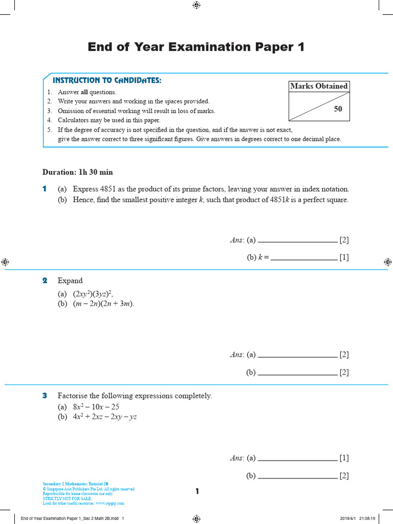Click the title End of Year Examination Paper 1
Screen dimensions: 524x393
196,47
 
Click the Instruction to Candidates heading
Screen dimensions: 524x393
107,80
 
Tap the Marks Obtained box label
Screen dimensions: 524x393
319,86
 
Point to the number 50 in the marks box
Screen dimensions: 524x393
338,109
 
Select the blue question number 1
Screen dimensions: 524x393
45,189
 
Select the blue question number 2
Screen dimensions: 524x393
45,280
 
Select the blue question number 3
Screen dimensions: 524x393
45,396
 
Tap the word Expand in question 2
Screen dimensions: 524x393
70,280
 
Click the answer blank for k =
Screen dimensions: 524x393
304,258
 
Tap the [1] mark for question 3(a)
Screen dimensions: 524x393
344,458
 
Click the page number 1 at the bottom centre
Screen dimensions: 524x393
197,492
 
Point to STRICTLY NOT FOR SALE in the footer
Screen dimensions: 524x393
67,498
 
